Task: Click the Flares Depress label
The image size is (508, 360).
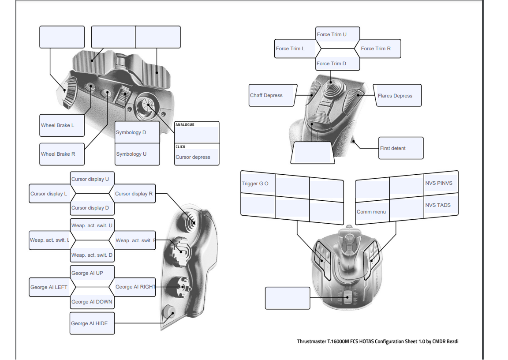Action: [x=397, y=96]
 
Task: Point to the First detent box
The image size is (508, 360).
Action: [x=401, y=148]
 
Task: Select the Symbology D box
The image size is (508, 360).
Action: [x=137, y=132]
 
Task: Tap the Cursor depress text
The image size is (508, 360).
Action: [x=193, y=157]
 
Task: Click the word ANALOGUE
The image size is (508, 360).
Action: [x=185, y=125]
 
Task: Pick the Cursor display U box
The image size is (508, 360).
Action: [x=93, y=179]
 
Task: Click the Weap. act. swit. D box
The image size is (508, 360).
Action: [x=93, y=255]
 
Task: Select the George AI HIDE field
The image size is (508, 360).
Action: [x=92, y=323]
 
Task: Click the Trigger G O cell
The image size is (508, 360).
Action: [x=258, y=184]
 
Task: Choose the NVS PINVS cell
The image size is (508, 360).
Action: [x=441, y=183]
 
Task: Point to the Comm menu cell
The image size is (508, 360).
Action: [x=372, y=212]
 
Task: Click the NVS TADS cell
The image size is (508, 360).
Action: [x=441, y=205]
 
